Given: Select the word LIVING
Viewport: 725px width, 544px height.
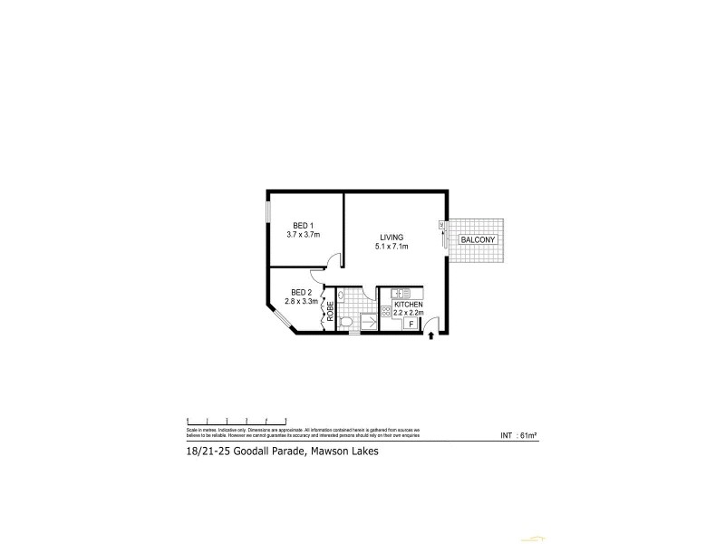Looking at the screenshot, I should (391, 238).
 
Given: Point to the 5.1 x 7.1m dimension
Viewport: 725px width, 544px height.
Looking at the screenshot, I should (391, 247).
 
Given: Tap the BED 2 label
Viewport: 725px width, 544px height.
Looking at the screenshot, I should (301, 292).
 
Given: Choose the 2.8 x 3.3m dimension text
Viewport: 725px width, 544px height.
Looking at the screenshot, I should (301, 301).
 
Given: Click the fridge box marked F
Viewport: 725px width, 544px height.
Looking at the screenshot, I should (410, 324).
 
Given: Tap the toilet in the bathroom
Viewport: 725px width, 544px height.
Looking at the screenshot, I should (345, 321).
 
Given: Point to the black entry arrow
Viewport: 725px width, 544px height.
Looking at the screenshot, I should (430, 338).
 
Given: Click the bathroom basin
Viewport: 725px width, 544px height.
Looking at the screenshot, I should (342, 296).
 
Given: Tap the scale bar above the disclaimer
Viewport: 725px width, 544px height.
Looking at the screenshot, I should (236, 419).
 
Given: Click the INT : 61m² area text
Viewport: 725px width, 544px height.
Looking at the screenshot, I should (519, 436).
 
